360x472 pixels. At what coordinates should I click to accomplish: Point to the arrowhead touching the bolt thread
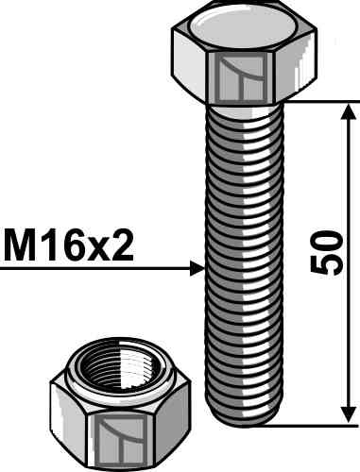pyautogui.click(x=197, y=269)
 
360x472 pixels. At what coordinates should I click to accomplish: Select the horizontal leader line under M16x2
pyautogui.click(x=94, y=269)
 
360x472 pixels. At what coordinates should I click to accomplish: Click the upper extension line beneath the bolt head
pyautogui.click(x=312, y=100)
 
